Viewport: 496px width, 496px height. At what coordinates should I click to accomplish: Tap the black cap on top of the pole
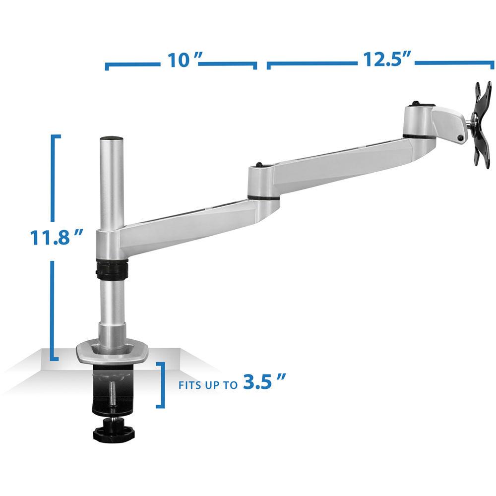(x=111, y=138)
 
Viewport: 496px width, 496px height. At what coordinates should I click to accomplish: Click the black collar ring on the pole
(x=111, y=270)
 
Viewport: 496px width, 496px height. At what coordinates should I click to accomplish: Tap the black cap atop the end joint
(x=416, y=105)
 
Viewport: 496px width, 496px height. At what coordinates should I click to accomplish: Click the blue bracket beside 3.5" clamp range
(x=162, y=384)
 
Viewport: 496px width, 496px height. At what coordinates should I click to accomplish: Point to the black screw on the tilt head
(x=462, y=138)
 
